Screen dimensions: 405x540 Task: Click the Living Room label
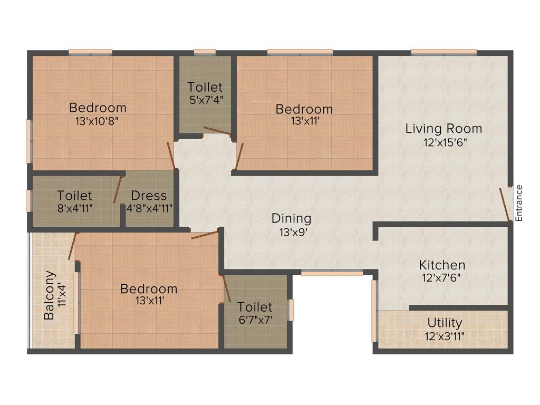[443, 128]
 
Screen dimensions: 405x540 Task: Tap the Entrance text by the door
[519, 202]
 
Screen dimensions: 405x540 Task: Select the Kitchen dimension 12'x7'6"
[442, 278]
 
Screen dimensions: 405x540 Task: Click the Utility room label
[445, 322]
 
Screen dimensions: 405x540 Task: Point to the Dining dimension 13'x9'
[291, 230]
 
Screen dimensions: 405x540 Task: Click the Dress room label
[149, 196]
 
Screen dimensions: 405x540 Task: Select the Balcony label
[49, 295]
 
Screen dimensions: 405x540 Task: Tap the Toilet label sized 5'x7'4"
[205, 87]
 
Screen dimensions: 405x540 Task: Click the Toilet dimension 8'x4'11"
[75, 208]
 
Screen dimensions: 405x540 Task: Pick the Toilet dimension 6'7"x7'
[255, 319]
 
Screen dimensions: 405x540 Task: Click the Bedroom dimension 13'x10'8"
[98, 120]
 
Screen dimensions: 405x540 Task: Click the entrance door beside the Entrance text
[505, 204]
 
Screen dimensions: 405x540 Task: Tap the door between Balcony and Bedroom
[72, 246]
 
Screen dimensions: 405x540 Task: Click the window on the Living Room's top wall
[444, 52]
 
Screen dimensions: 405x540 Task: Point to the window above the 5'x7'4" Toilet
[205, 52]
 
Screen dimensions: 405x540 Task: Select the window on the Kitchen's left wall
[374, 311]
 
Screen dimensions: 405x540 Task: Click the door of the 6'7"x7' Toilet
[226, 287]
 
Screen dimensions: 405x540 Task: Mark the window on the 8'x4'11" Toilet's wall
[29, 201]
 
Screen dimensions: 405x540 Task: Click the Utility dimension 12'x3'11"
[445, 335]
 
